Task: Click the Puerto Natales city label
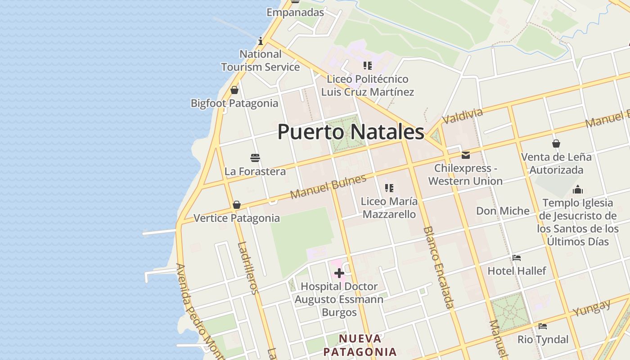coord(351,132)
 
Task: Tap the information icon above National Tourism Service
coord(261,41)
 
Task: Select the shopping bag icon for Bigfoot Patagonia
coord(234,90)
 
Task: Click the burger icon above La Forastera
coord(255,158)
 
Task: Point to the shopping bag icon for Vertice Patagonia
coord(237,205)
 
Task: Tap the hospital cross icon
coord(339,273)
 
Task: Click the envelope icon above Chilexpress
coord(466,155)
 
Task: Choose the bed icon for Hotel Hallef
coord(517,258)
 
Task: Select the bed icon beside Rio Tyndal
coord(543,326)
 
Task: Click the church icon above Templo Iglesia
coord(578,189)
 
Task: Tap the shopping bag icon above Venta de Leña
coord(556,144)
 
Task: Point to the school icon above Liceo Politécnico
coord(368,66)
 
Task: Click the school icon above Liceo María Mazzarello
coord(389,188)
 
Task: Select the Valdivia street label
coord(462,116)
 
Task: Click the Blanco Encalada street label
coord(438,267)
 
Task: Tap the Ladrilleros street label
coord(248,268)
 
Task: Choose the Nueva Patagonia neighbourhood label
coord(360,345)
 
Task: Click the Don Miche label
coord(503,211)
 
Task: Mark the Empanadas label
coord(295,12)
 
